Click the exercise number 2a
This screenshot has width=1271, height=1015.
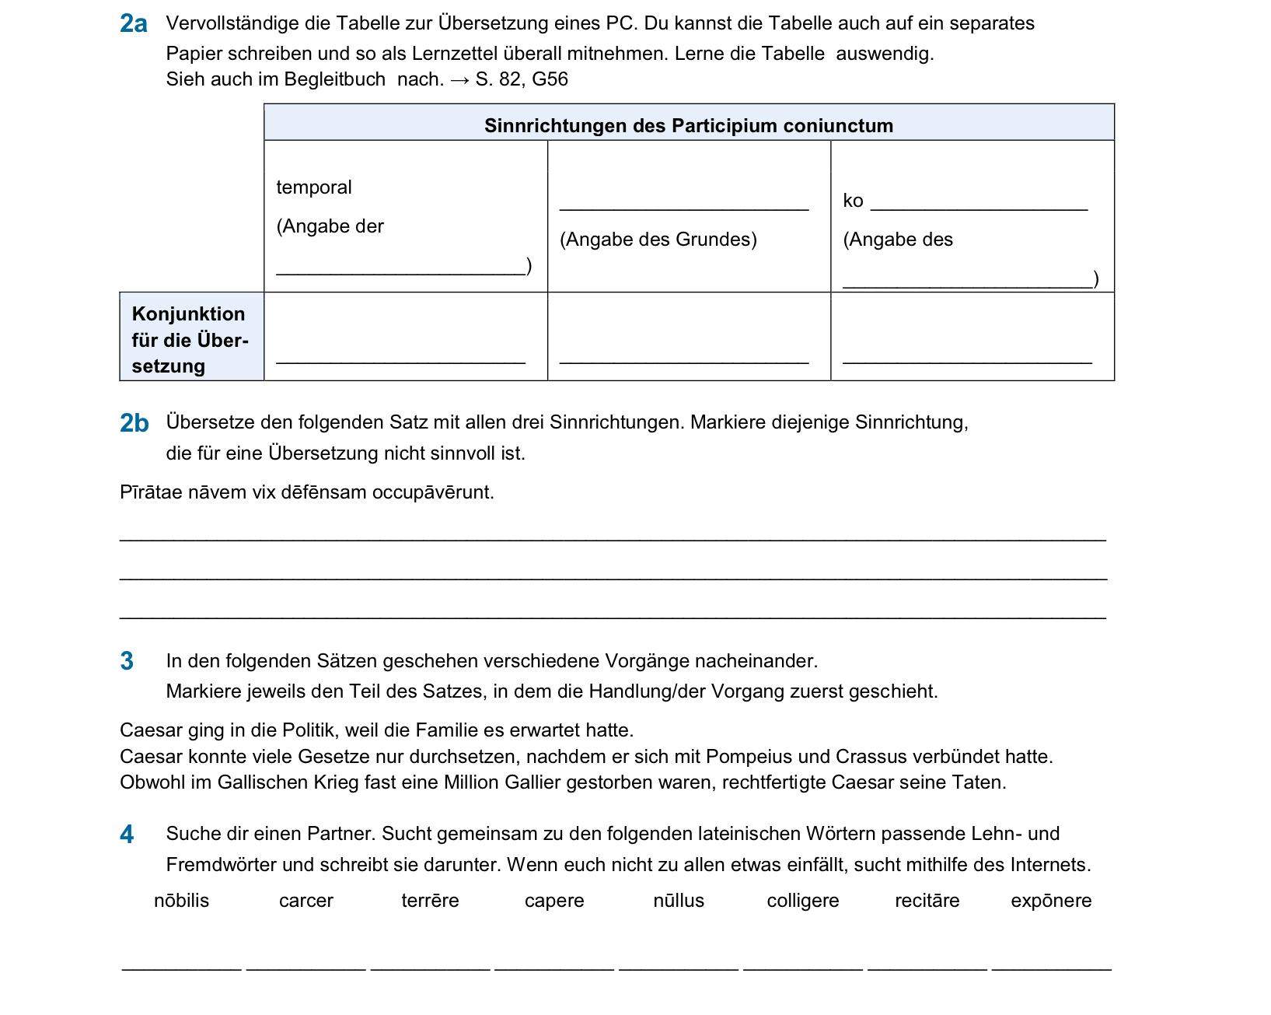point(133,24)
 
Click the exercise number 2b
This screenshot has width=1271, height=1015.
point(134,423)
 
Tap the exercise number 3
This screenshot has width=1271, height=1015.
point(127,661)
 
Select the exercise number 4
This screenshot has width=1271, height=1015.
point(127,835)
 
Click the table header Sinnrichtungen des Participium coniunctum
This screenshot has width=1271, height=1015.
point(688,125)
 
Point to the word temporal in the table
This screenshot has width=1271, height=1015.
point(314,187)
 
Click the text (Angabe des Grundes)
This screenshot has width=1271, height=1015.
point(658,240)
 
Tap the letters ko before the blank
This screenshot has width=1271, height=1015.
point(853,201)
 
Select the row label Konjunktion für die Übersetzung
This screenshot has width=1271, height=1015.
point(190,340)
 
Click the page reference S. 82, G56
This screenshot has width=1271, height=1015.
point(522,79)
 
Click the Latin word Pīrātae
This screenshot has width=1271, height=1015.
point(151,492)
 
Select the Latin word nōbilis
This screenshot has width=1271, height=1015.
point(181,901)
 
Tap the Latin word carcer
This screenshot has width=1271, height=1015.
point(306,901)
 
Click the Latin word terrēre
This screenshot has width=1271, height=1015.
point(430,901)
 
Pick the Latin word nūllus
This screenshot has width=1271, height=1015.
point(679,901)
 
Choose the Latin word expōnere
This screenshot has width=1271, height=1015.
point(1051,901)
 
